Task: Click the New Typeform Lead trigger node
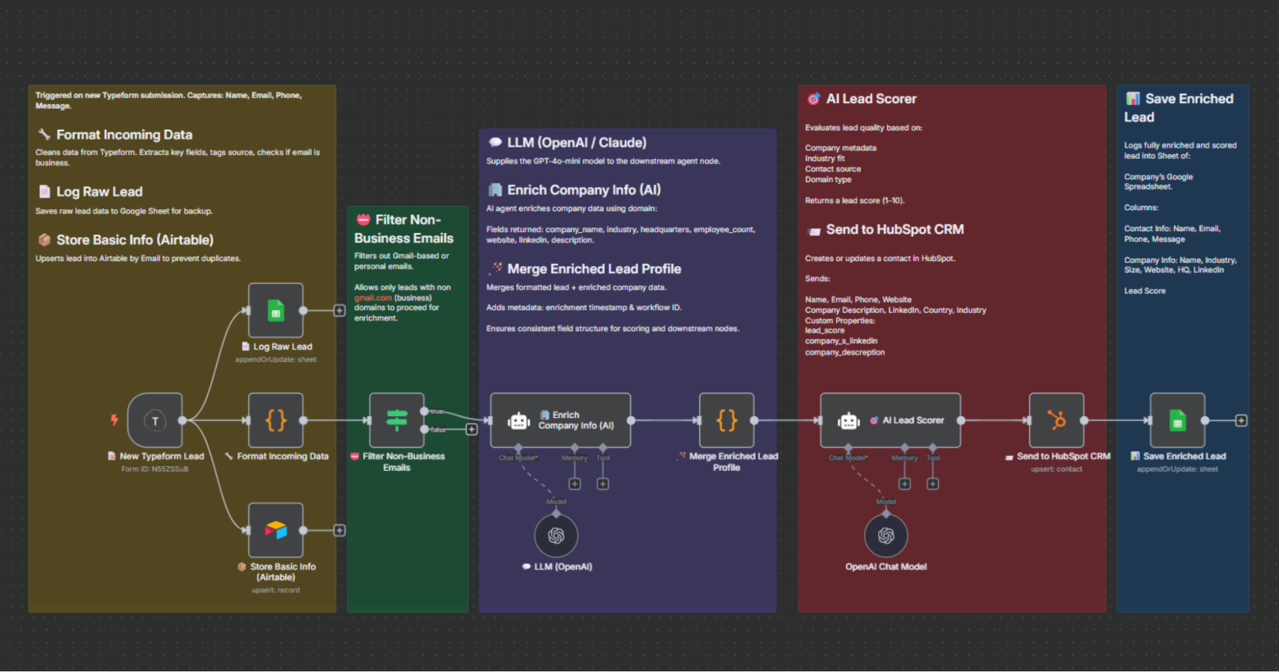[x=155, y=420]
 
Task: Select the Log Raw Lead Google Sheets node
[x=276, y=310]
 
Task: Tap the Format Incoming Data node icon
[x=276, y=420]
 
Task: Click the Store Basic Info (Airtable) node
[x=276, y=530]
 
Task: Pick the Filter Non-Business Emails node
[x=397, y=420]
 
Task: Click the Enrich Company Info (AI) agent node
[x=560, y=420]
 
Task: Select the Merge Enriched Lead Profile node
[x=727, y=420]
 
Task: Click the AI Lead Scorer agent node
[x=891, y=420]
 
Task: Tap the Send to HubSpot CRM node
[x=1056, y=420]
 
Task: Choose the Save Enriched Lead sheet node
[x=1177, y=420]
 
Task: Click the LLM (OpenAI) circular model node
[x=556, y=536]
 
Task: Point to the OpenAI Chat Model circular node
[x=886, y=536]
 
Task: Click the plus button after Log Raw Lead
[x=340, y=311]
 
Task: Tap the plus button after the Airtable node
[x=340, y=531]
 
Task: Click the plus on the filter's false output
[x=472, y=429]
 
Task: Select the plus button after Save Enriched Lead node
[x=1241, y=420]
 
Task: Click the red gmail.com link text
[x=373, y=298]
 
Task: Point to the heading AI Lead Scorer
[x=871, y=99]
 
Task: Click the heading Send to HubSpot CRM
[x=894, y=230]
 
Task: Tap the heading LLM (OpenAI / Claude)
[x=576, y=143]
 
